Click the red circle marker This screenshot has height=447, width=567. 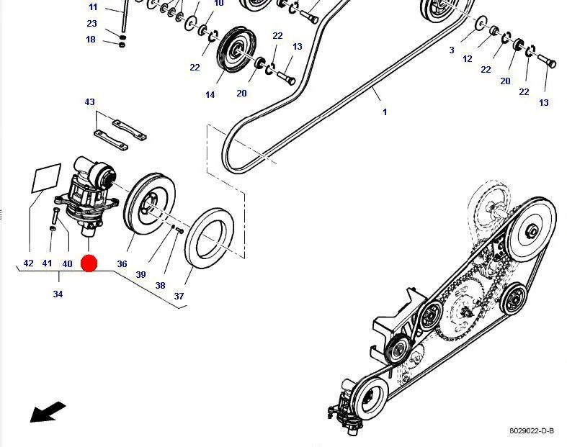pos(89,263)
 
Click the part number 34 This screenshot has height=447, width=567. pos(58,294)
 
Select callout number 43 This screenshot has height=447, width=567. pos(89,102)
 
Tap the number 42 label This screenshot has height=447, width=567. pos(28,263)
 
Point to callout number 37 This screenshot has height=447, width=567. pos(179,296)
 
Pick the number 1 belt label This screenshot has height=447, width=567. pos(385,112)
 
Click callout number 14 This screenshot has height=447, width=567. pos(210,95)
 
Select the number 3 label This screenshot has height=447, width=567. pos(452,50)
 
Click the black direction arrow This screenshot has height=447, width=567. pos(48,412)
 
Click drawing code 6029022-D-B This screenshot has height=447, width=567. pos(532,430)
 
